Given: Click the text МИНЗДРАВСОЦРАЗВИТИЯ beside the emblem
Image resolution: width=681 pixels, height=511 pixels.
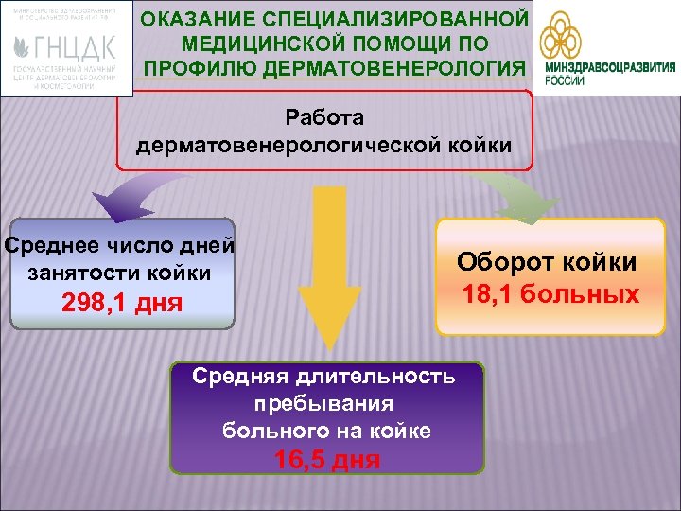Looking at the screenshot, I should coord(611,67).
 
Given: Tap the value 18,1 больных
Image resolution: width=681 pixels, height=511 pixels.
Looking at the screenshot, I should coord(550,294).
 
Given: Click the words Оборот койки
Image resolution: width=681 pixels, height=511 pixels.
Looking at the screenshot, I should coord(548,262).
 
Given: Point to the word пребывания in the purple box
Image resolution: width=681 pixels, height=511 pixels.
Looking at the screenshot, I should coord(323,402).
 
